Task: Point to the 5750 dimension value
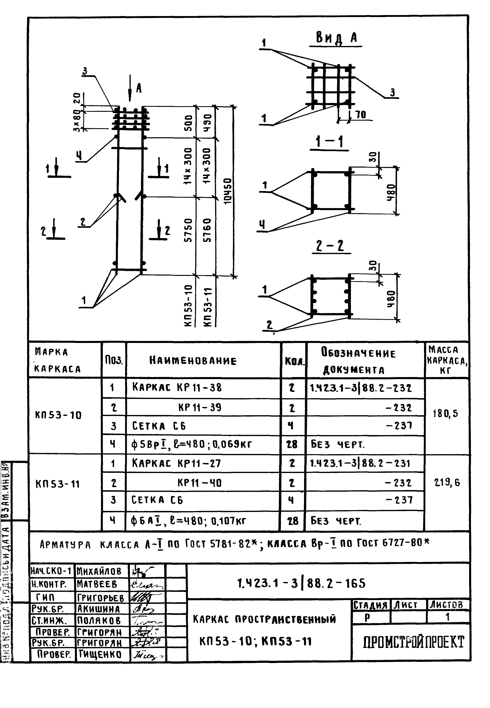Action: [x=189, y=230]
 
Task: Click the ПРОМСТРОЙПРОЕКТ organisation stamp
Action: [x=413, y=642]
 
